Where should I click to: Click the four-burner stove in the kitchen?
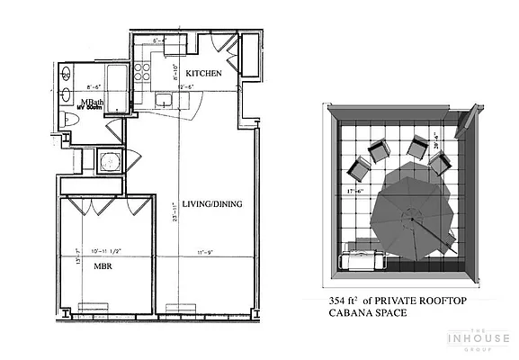(x=142, y=72)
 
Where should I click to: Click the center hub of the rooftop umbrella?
(x=413, y=216)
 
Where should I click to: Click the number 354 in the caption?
(x=341, y=300)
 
